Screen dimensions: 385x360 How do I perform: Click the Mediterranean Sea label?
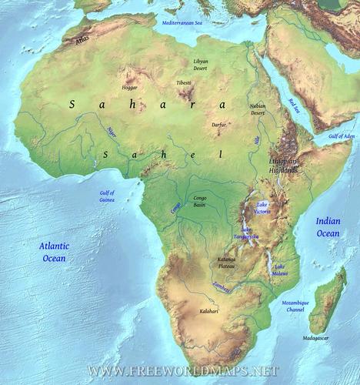tap(182, 24)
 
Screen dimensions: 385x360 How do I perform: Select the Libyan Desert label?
tap(200, 64)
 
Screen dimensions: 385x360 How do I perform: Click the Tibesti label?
tap(183, 82)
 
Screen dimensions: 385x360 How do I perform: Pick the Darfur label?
tap(219, 124)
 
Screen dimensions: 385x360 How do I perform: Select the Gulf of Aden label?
tap(342, 136)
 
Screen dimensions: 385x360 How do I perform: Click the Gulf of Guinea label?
tap(107, 196)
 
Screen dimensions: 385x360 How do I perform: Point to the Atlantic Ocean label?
tap(54, 252)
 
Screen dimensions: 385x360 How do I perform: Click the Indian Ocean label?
tap(327, 226)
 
